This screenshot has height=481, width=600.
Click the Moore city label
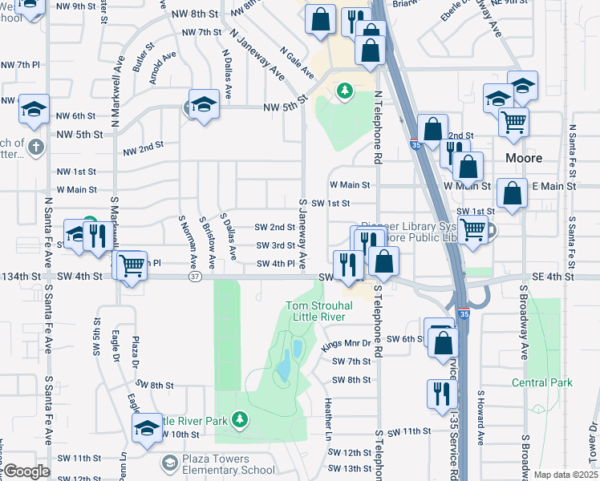(524, 158)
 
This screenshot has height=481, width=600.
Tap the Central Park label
(542, 382)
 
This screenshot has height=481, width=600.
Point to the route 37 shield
(195, 276)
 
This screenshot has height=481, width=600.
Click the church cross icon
(35, 147)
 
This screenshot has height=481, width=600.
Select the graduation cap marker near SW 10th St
(147, 429)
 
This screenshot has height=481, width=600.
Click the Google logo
(26, 471)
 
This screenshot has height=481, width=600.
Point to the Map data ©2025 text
(566, 475)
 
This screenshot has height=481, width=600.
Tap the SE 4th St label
(553, 276)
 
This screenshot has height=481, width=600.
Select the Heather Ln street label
(328, 414)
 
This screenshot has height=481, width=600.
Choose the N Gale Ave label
(297, 62)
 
